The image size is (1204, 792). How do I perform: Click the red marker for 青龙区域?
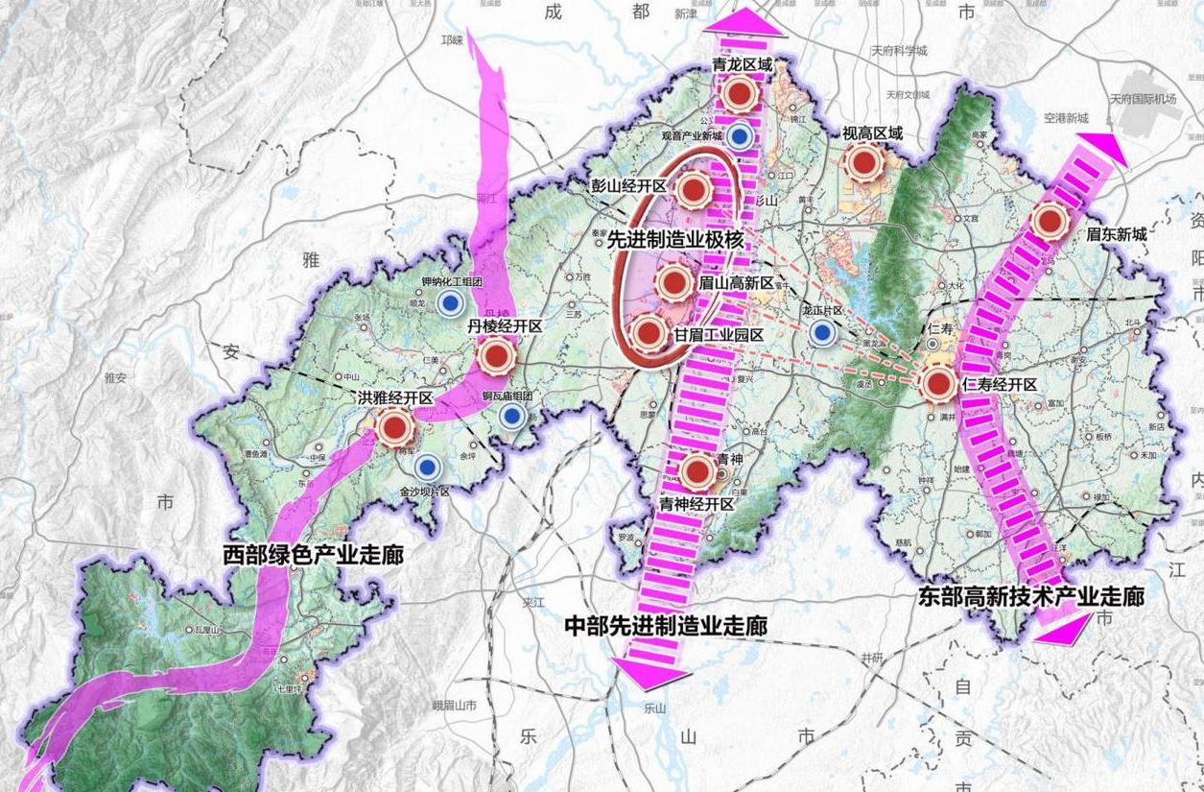click(x=739, y=94)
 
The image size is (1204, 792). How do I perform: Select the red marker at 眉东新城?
click(x=1051, y=221)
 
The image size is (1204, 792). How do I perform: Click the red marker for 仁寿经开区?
click(x=937, y=384)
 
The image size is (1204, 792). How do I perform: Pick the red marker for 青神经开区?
click(x=697, y=470)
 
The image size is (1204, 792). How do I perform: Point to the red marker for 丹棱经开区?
click(x=496, y=357)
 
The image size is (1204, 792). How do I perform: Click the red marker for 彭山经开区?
click(x=692, y=190)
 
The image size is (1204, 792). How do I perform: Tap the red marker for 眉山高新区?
click(x=673, y=282)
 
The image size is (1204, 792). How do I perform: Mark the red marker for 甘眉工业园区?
click(x=649, y=333)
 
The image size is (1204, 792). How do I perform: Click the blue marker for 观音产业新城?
click(x=738, y=136)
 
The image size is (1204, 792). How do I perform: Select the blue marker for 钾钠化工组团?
click(x=448, y=304)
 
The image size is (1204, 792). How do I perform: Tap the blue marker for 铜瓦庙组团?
click(x=511, y=416)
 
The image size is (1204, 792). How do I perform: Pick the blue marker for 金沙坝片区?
click(x=428, y=468)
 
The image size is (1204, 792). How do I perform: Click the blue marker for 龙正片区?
click(x=820, y=333)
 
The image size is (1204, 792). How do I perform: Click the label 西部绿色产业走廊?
click(x=314, y=555)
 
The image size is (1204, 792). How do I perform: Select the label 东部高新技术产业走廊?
click(x=1030, y=596)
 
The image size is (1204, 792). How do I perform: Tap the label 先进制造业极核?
click(x=676, y=242)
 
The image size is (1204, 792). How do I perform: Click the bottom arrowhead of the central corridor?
click(x=653, y=674)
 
